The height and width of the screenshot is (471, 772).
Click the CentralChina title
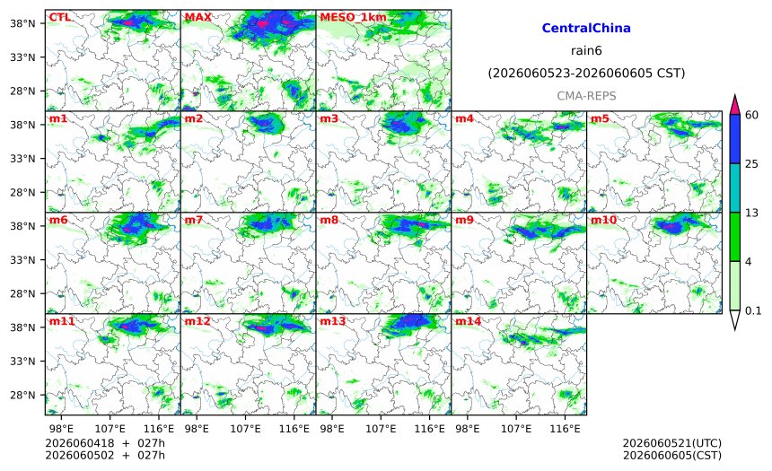[x=586, y=28]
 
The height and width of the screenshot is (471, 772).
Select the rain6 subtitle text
[x=586, y=51]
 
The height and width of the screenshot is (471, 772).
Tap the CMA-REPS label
[x=586, y=96]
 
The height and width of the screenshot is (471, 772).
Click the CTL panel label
[x=59, y=17]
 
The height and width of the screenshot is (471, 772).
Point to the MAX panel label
[x=197, y=17]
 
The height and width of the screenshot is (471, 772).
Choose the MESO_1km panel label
[x=353, y=18]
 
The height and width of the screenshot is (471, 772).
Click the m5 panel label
[x=600, y=118]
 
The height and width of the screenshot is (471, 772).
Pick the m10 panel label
[x=603, y=220]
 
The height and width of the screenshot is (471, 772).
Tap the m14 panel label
[x=468, y=321]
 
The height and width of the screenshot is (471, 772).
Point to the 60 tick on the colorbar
[x=751, y=115]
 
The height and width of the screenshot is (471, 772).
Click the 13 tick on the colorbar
[x=751, y=214]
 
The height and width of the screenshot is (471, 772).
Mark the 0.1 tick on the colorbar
[x=753, y=311]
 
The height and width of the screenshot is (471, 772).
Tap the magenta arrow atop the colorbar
[x=734, y=104]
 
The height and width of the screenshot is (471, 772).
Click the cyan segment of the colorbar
[x=734, y=188]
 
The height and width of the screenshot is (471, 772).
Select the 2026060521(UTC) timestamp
[x=672, y=444]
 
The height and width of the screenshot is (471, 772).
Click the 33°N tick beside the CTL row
[x=22, y=57]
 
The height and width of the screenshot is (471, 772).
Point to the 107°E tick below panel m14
[x=516, y=429]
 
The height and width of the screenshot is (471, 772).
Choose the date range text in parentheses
[x=586, y=74]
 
